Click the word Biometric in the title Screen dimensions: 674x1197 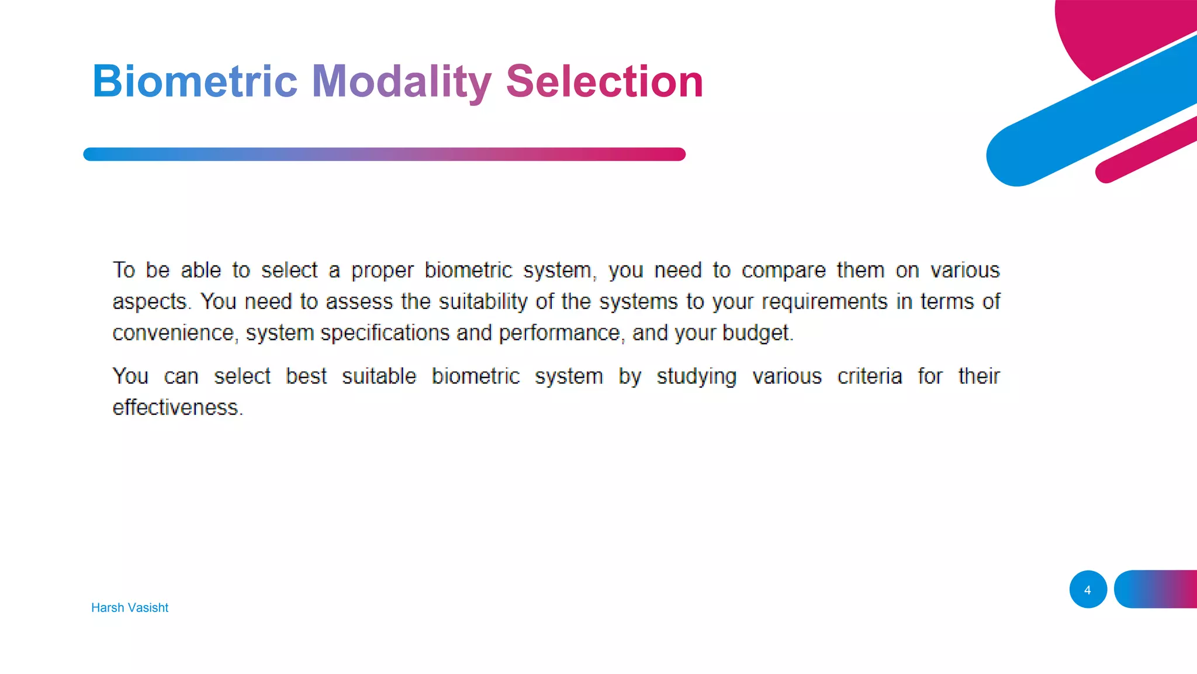(x=195, y=81)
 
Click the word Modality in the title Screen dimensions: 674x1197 (x=402, y=81)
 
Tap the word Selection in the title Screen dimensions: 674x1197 (x=604, y=81)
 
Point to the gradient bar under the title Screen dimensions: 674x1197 (x=384, y=154)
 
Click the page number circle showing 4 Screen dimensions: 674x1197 (x=1088, y=589)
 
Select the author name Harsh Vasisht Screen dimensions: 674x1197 (x=130, y=607)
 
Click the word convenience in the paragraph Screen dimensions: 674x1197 (x=174, y=333)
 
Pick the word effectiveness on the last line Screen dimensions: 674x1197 (x=176, y=407)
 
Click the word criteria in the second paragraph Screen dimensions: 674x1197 (x=869, y=376)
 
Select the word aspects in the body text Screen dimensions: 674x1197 (x=150, y=302)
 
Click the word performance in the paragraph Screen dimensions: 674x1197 (x=559, y=333)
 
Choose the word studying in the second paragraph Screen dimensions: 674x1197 (x=696, y=376)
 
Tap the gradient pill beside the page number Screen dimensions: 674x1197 (x=1157, y=589)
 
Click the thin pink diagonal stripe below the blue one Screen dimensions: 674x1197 (x=1146, y=150)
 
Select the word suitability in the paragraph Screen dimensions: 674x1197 (x=483, y=302)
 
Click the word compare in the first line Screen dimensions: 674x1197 (x=783, y=271)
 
